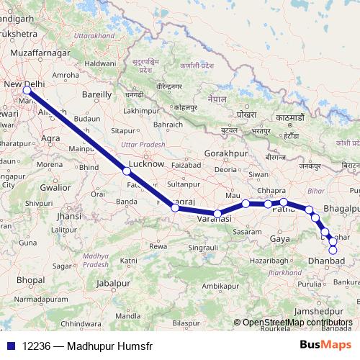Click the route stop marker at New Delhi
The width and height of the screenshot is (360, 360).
coord(27,91)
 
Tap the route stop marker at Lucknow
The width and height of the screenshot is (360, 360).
coord(127,171)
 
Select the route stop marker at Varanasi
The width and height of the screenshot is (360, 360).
coord(217,213)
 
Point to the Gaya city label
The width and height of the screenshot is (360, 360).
coord(279,238)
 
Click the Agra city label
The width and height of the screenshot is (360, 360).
coord(50,137)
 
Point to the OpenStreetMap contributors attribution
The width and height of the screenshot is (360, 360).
coord(297,322)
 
